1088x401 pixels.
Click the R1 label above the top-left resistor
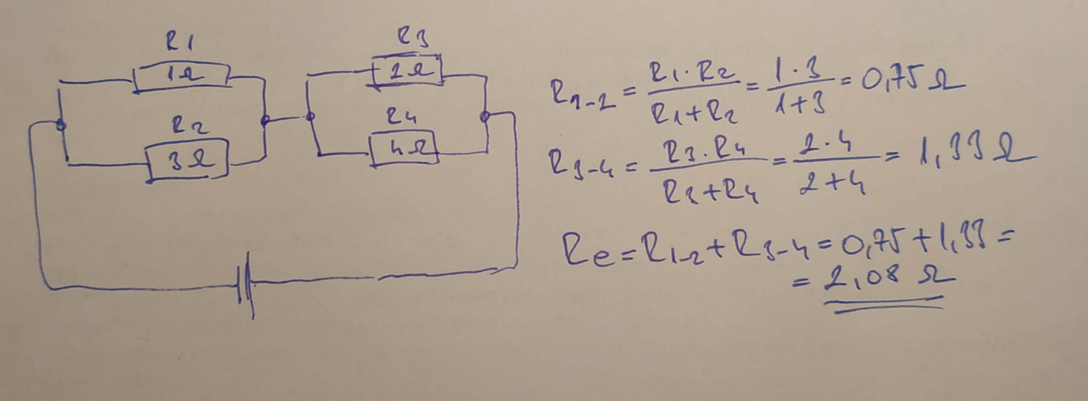click(x=180, y=43)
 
